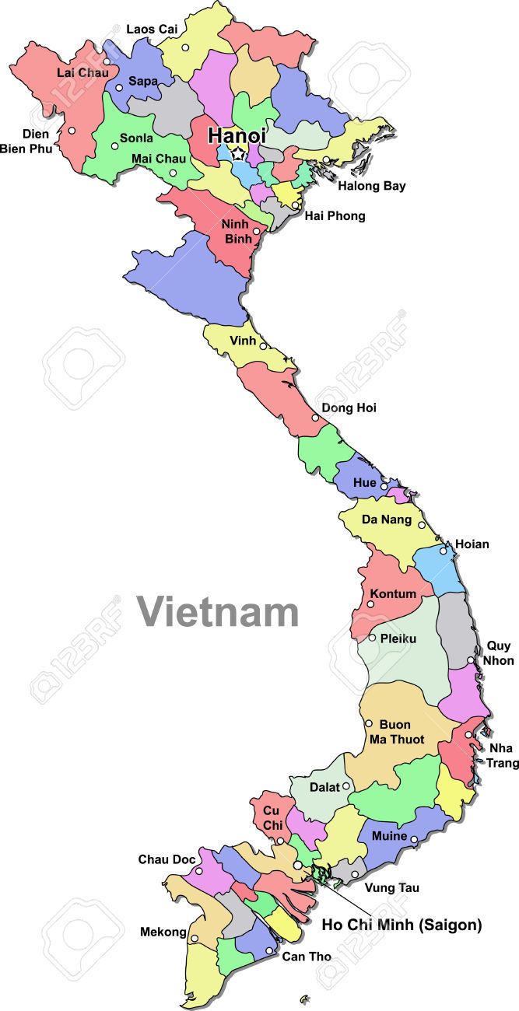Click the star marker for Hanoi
238,155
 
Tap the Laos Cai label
152,29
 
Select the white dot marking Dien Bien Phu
72,131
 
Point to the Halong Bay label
371,186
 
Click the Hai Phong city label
335,215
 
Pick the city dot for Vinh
263,346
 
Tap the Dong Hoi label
349,408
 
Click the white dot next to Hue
384,485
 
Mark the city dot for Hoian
444,551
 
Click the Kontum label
393,594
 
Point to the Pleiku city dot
372,638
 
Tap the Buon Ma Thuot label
402,732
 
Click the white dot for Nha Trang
468,734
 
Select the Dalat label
324,787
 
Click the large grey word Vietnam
219,611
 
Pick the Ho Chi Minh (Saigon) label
402,925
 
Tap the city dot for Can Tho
269,950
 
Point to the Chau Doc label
167,859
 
